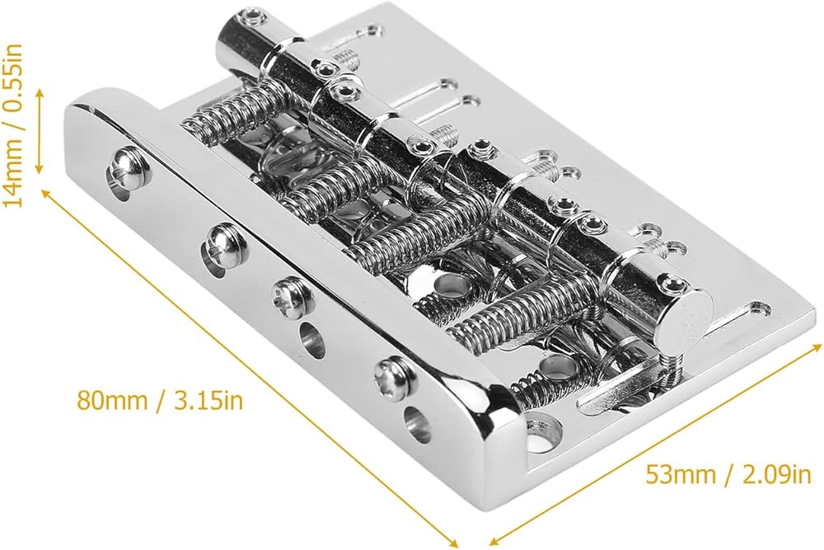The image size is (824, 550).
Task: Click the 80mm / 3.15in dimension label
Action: pos(160,401)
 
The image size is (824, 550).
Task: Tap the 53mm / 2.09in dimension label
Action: pos(728,475)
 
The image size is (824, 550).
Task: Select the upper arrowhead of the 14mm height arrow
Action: pos(39,92)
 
